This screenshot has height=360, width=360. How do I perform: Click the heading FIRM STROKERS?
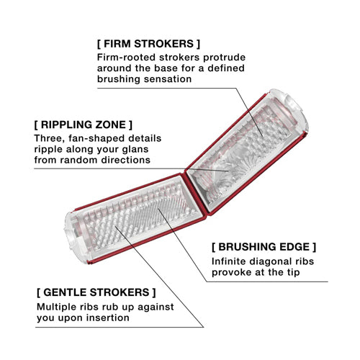(148, 44)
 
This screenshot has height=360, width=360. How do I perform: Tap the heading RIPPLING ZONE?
(84, 125)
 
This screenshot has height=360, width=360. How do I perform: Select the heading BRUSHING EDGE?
(264, 247)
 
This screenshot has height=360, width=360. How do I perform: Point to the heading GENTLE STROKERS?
(96, 292)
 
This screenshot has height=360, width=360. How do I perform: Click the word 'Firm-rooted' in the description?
(126, 58)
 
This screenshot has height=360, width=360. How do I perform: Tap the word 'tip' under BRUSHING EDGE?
(293, 273)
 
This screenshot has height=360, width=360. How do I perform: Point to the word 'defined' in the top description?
(226, 68)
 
